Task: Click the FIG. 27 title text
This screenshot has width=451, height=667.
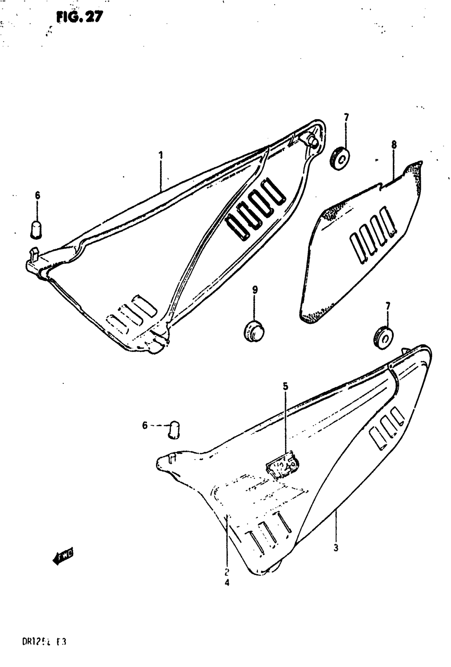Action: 80,17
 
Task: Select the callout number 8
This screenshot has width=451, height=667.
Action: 394,145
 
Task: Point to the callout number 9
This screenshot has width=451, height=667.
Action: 255,290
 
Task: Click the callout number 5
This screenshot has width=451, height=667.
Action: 285,386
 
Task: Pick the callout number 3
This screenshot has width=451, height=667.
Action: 336,548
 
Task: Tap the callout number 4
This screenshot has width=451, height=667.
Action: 227,583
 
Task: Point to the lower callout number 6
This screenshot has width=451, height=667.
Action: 145,425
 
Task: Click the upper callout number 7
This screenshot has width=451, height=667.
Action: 346,117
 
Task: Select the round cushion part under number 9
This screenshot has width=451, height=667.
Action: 254,330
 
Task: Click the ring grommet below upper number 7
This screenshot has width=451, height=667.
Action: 339,157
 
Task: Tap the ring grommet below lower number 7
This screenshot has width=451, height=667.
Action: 382,336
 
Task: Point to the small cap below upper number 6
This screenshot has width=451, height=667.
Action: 36,228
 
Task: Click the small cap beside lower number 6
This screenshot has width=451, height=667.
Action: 174,430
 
